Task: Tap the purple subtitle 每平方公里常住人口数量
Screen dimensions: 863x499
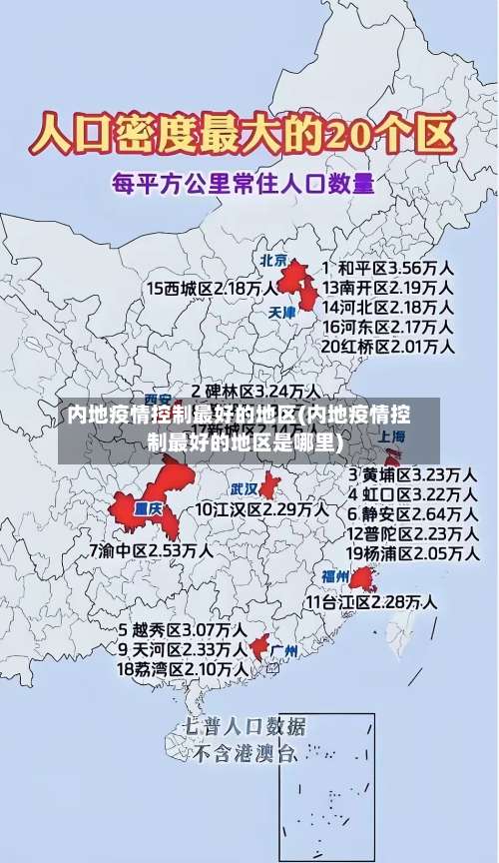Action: (244, 184)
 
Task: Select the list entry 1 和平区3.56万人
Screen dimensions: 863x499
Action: (387, 268)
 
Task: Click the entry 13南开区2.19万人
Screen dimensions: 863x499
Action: (387, 287)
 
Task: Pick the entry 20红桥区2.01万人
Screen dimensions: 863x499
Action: (387, 346)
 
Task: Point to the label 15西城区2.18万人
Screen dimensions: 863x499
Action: (213, 288)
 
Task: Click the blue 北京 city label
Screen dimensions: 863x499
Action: (273, 260)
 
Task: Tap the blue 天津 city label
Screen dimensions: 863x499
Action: (283, 312)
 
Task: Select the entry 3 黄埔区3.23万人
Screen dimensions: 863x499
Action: (411, 472)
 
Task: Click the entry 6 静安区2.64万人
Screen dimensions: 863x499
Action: (411, 513)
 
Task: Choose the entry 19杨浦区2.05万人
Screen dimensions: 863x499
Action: (411, 552)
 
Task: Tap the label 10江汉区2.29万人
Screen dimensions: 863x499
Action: (261, 508)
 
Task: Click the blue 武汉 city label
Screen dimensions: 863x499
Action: (245, 489)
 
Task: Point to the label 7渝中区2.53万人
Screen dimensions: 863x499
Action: (150, 549)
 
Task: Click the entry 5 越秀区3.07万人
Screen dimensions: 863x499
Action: (182, 630)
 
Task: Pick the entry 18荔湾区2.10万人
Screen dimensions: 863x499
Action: (182, 668)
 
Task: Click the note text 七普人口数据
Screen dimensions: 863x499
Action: (245, 725)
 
